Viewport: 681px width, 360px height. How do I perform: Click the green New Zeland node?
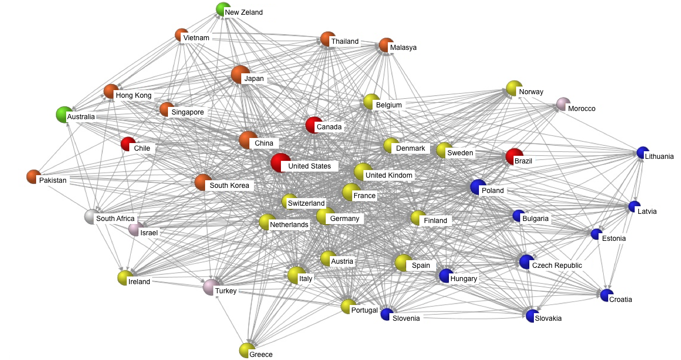pos(223,9)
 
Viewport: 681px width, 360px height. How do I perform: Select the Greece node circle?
pos(247,350)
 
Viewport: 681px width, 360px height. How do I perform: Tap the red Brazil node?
pos(514,156)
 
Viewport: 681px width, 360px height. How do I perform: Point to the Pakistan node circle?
pos(34,177)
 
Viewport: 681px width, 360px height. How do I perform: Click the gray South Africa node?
pos(92,216)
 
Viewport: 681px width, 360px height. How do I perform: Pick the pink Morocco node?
pos(563,104)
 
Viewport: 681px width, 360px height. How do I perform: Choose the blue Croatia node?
pos(607,295)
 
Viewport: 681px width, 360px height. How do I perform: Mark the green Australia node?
pos(64,115)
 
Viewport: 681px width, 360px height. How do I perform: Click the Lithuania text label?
pos(659,156)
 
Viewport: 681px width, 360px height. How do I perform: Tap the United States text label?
pos(309,166)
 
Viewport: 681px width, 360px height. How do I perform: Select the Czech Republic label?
pos(557,265)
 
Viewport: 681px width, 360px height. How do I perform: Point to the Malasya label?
pos(403,47)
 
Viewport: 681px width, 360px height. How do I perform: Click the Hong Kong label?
pos(133,95)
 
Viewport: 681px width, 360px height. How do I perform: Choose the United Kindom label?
pos(389,175)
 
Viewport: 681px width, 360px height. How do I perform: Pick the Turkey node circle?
pos(211,287)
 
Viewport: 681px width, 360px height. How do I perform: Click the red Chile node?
pos(128,144)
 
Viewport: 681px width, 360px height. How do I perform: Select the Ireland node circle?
pos(125,278)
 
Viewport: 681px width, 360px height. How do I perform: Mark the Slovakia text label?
pos(548,318)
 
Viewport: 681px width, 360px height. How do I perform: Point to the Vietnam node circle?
pos(181,35)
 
